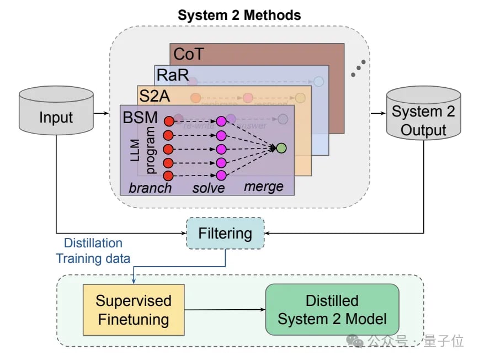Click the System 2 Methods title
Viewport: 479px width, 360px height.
pyautogui.click(x=239, y=15)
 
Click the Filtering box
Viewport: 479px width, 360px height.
pyautogui.click(x=225, y=233)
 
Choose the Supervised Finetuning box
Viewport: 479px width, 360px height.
pyautogui.click(x=133, y=310)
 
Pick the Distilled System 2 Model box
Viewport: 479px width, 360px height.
pyautogui.click(x=332, y=309)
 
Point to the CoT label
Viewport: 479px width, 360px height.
pyautogui.click(x=188, y=54)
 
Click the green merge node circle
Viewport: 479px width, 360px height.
pyautogui.click(x=281, y=148)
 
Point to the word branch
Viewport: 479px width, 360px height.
pyautogui.click(x=150, y=188)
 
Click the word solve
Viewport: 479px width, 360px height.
pyautogui.click(x=209, y=188)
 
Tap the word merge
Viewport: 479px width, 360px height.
pyautogui.click(x=264, y=187)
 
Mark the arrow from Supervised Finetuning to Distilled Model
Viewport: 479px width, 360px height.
pyautogui.click(x=225, y=310)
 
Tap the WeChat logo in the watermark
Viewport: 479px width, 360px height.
pyautogui.click(x=358, y=341)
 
